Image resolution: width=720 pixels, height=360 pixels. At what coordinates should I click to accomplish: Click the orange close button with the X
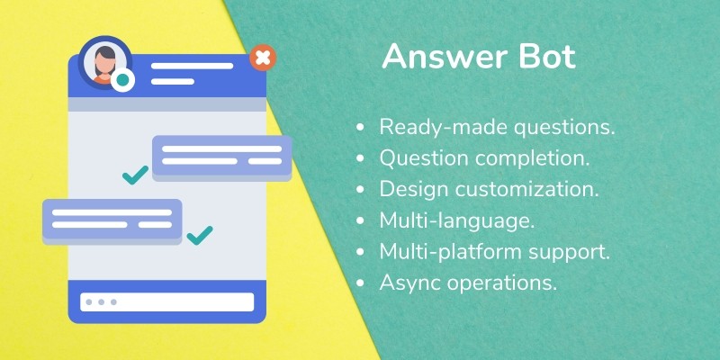point(263,58)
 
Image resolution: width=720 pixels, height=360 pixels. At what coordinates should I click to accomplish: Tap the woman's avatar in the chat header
point(105,62)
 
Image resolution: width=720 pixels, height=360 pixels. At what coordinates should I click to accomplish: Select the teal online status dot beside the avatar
point(122,80)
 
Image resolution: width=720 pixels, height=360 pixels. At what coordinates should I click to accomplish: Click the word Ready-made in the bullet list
point(443,127)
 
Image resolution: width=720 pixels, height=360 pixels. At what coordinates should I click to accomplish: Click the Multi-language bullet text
point(457,220)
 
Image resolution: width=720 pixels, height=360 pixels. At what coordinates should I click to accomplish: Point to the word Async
point(410,283)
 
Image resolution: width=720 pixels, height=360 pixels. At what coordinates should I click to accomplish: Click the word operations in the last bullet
point(502,283)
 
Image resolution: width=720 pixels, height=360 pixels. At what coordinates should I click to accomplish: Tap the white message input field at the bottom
point(167,302)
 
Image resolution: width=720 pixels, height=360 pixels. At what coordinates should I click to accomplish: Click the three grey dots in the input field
point(101,302)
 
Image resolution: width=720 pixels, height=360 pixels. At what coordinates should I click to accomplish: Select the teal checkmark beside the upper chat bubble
point(136,175)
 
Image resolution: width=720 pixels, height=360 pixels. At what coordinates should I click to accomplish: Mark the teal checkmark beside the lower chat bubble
point(200,235)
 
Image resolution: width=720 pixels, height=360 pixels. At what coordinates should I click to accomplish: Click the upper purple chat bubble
point(222,157)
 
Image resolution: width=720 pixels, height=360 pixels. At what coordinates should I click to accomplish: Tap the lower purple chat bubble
point(112,220)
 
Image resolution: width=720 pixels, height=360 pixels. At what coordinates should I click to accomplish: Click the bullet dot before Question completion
point(360,158)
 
